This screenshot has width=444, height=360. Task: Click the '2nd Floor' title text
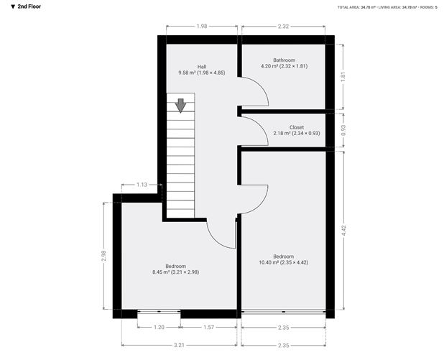pos(24,6)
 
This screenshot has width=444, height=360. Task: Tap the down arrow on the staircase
pos(180,105)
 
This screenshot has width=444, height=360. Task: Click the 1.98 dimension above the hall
pos(201,27)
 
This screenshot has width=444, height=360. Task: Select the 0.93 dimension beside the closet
pos(344,130)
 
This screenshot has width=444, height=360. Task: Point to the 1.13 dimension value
pos(142,185)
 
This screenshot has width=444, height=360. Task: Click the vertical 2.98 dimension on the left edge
pos(104,255)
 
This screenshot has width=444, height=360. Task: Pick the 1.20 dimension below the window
pos(158,328)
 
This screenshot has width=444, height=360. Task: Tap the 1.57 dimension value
pos(208,328)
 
